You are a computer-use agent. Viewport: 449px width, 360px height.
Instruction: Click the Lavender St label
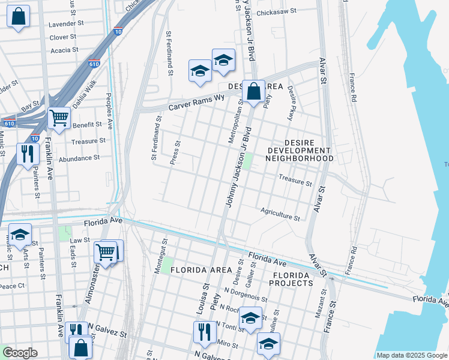(x=67, y=23)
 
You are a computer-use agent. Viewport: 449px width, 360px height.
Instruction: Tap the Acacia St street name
(x=64, y=50)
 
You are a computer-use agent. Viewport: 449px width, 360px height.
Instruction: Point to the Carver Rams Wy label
(x=196, y=102)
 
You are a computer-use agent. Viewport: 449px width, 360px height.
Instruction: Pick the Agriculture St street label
(x=280, y=214)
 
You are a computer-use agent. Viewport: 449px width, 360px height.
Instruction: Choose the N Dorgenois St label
(x=246, y=296)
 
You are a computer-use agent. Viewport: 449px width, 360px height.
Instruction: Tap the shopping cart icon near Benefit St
(x=59, y=118)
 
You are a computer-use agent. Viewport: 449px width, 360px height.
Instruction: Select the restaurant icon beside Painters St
(x=28, y=154)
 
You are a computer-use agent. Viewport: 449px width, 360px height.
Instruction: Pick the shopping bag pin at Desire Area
(x=254, y=92)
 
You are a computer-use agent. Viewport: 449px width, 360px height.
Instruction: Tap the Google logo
(x=19, y=353)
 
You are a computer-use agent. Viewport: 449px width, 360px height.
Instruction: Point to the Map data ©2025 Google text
(x=411, y=355)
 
